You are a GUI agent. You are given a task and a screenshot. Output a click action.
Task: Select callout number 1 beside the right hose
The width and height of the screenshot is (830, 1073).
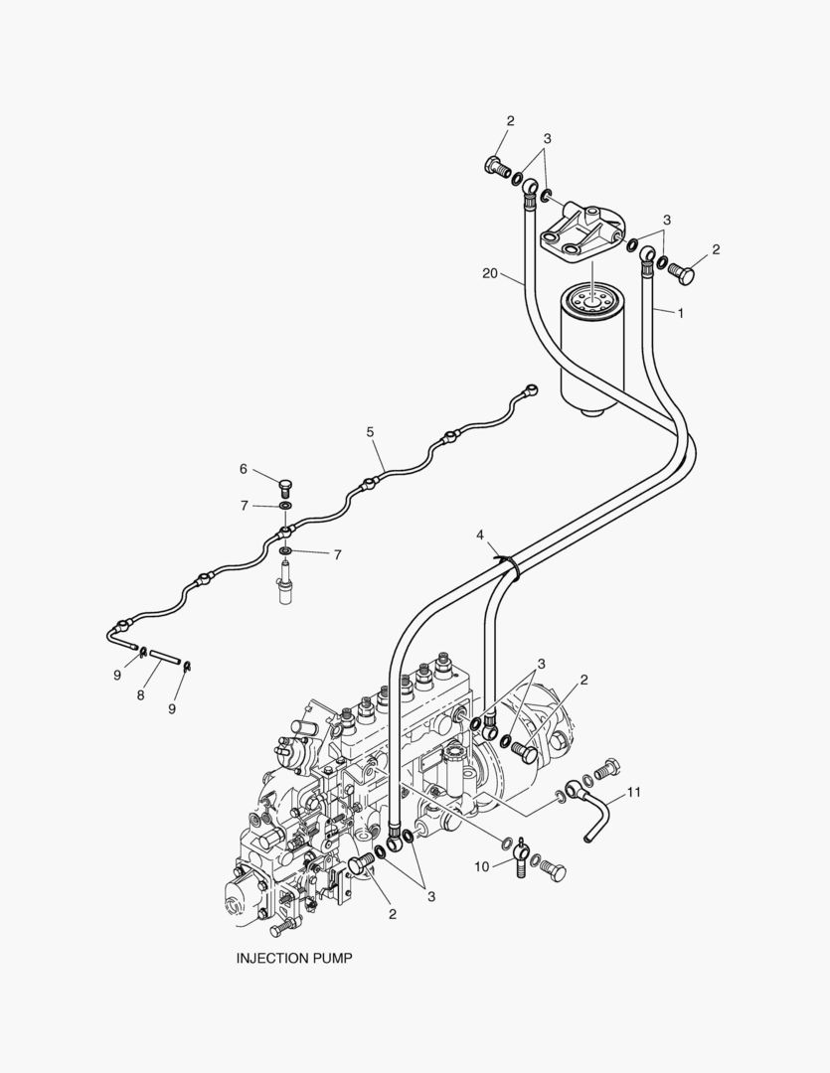point(681,312)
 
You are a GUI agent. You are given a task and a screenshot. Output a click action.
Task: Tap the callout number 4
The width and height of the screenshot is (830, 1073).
point(480,535)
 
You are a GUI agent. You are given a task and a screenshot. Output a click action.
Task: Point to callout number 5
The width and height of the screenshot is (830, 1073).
point(370,432)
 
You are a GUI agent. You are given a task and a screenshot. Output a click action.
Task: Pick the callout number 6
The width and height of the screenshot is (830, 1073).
point(242,469)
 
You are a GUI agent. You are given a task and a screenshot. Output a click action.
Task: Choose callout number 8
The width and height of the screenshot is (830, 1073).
point(140,695)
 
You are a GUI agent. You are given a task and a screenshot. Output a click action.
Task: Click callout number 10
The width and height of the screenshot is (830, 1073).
point(482,866)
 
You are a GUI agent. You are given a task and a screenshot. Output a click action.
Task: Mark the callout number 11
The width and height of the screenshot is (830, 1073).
point(634,794)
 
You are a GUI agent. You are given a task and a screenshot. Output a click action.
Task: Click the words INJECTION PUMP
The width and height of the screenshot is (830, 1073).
point(293,959)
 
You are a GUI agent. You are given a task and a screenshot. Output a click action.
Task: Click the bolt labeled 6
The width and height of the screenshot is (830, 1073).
point(285,487)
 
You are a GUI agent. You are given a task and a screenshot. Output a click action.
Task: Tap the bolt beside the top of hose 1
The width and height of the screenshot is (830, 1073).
point(683,271)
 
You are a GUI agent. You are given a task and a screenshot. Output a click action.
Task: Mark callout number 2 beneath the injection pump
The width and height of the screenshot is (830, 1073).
point(392,914)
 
